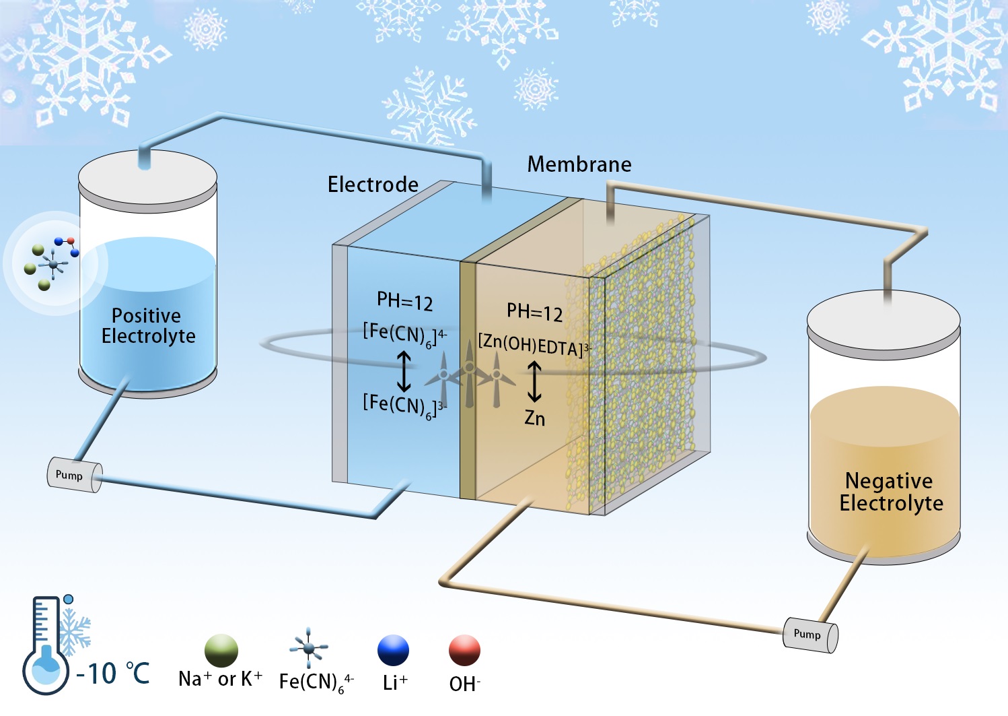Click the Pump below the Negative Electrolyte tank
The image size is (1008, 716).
(x=809, y=634)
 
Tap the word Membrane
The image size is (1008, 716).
(x=579, y=164)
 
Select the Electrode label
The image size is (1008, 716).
(x=373, y=185)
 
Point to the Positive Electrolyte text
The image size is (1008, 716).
(x=148, y=326)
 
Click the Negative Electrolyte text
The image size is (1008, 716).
(x=890, y=492)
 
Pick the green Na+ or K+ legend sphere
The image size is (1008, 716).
(x=221, y=651)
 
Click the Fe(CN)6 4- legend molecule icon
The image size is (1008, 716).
(x=308, y=647)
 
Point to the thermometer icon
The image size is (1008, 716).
(x=46, y=645)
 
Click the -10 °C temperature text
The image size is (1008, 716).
(x=113, y=674)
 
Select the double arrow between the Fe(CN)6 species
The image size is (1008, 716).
(x=404, y=371)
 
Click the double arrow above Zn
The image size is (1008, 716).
(x=534, y=381)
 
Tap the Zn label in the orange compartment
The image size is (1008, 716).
(x=535, y=418)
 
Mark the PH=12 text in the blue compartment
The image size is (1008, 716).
(x=404, y=301)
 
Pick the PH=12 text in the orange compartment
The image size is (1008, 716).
(x=534, y=313)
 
